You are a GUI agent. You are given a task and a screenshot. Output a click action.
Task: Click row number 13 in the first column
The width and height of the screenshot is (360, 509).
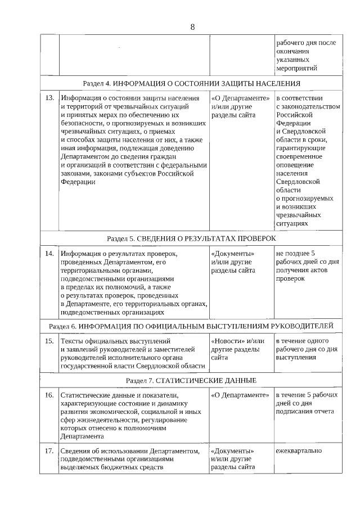pyautogui.click(x=49, y=97)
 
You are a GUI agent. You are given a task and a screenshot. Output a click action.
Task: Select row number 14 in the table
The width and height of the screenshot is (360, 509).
pyautogui.click(x=49, y=253)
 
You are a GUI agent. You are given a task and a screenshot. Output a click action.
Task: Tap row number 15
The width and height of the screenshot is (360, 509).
pyautogui.click(x=49, y=340)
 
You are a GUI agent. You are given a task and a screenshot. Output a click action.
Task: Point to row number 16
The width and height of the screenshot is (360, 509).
pyautogui.click(x=49, y=395)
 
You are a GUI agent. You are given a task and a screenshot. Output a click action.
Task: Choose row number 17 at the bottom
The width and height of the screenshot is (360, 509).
pyautogui.click(x=49, y=451)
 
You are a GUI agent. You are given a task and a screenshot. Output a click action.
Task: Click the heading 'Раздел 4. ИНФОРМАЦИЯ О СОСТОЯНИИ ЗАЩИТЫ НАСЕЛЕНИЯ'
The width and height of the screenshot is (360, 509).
pyautogui.click(x=192, y=83)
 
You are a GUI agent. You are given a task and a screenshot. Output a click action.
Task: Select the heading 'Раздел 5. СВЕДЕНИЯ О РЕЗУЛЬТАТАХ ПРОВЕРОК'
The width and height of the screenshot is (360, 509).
pyautogui.click(x=192, y=238)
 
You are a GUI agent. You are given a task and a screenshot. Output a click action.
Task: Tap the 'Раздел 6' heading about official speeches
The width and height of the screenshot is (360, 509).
pyautogui.click(x=192, y=326)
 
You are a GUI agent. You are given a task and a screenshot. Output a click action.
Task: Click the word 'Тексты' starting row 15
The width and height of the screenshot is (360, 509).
pyautogui.click(x=73, y=340)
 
